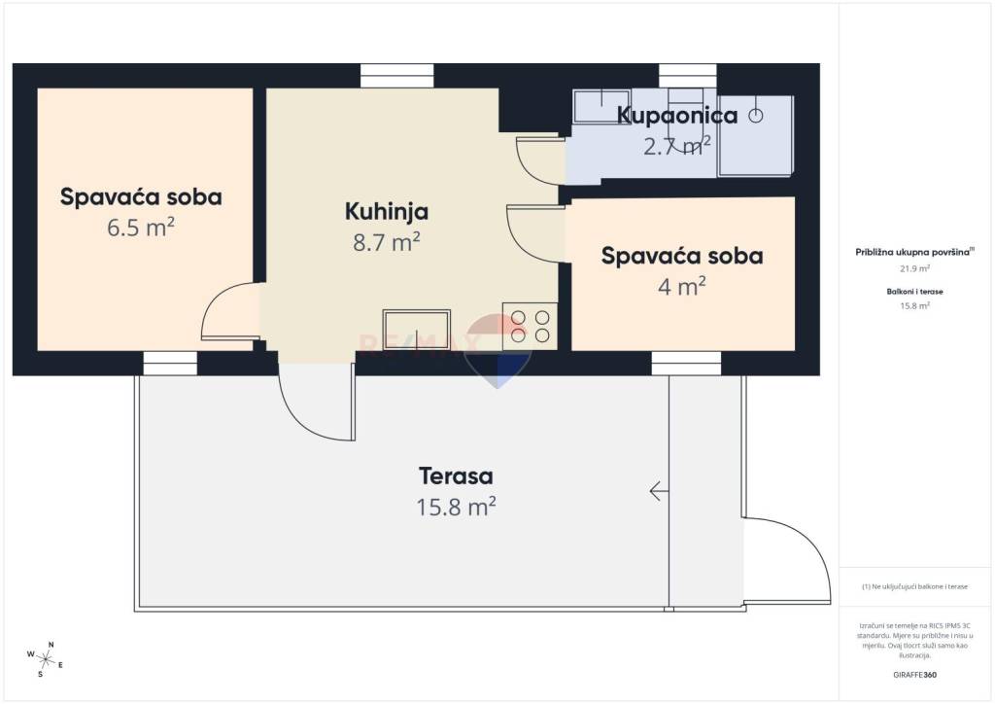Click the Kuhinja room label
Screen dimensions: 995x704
click(387, 212)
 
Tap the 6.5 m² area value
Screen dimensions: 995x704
click(141, 228)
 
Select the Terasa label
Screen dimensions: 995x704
click(456, 475)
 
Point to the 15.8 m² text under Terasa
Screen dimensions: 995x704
click(456, 507)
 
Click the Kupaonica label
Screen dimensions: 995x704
click(677, 116)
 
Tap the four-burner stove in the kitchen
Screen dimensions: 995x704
click(530, 327)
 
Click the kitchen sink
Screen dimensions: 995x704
click(416, 330)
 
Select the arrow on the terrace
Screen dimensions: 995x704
click(658, 491)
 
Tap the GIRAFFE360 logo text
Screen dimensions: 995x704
click(914, 675)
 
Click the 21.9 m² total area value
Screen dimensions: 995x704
click(914, 268)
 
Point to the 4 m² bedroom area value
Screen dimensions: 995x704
click(681, 287)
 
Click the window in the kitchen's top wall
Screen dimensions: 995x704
click(397, 76)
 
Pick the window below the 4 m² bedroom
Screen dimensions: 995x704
click(686, 363)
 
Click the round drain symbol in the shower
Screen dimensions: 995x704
click(755, 116)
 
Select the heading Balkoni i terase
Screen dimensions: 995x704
click(914, 292)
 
